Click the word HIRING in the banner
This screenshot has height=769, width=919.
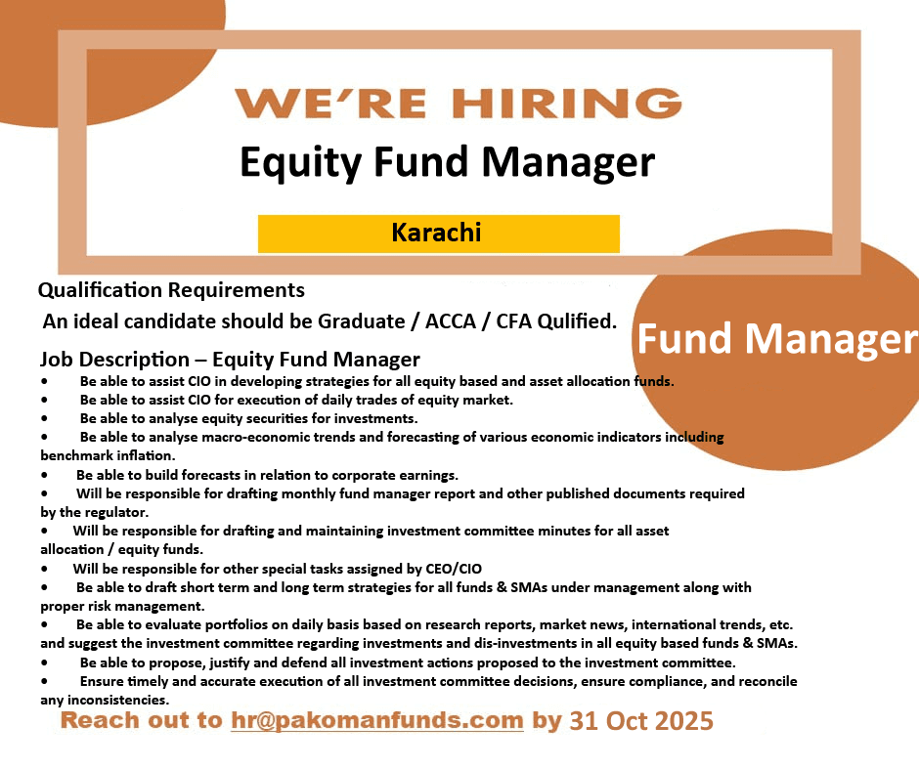point(567,103)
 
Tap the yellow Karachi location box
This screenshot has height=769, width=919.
point(438,234)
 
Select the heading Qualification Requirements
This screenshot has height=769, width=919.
point(171,290)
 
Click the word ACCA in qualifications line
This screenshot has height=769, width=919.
point(450,320)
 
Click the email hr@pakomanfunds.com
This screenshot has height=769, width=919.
point(376,720)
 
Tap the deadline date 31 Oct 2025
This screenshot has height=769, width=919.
point(641,720)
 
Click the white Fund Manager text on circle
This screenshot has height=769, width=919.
point(777,339)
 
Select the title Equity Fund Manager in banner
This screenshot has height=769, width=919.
point(447,162)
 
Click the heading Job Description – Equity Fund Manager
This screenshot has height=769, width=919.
point(230,359)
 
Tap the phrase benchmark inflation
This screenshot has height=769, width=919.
point(108,455)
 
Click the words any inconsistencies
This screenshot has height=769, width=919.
point(105,700)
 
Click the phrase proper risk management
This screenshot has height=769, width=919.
point(122,606)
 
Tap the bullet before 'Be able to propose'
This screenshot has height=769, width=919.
point(45,663)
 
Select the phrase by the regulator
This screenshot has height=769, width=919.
point(95,512)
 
